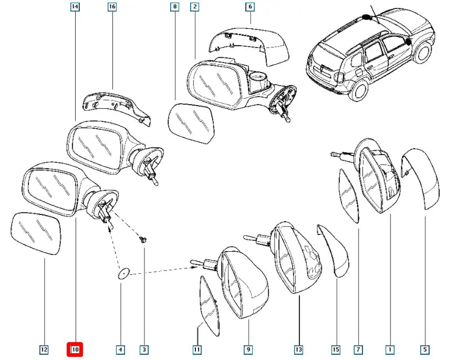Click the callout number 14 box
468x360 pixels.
pyautogui.click(x=75, y=7)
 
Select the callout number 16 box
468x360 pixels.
pyautogui.click(x=112, y=7)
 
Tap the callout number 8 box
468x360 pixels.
pyautogui.click(x=174, y=7)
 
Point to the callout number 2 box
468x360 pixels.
pyautogui.click(x=195, y=7)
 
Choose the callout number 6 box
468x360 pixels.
pyautogui.click(x=250, y=7)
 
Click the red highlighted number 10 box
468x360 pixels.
pyautogui.click(x=75, y=349)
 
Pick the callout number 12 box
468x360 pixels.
pyautogui.click(x=44, y=349)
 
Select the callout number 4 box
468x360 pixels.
pyautogui.click(x=121, y=349)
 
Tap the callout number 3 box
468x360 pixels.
pyautogui.click(x=143, y=349)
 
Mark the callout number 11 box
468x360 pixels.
pyautogui.click(x=197, y=349)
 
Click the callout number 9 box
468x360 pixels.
pyautogui.click(x=248, y=349)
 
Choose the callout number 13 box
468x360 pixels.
pyautogui.click(x=299, y=349)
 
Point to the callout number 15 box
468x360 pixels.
pyautogui.click(x=336, y=349)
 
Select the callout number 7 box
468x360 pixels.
pyautogui.click(x=358, y=349)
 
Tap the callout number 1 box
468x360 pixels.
pyautogui.click(x=390, y=349)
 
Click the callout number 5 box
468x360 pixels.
pyautogui.click(x=425, y=349)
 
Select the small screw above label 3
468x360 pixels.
pyautogui.click(x=142, y=239)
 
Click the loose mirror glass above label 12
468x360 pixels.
pyautogui.click(x=36, y=233)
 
